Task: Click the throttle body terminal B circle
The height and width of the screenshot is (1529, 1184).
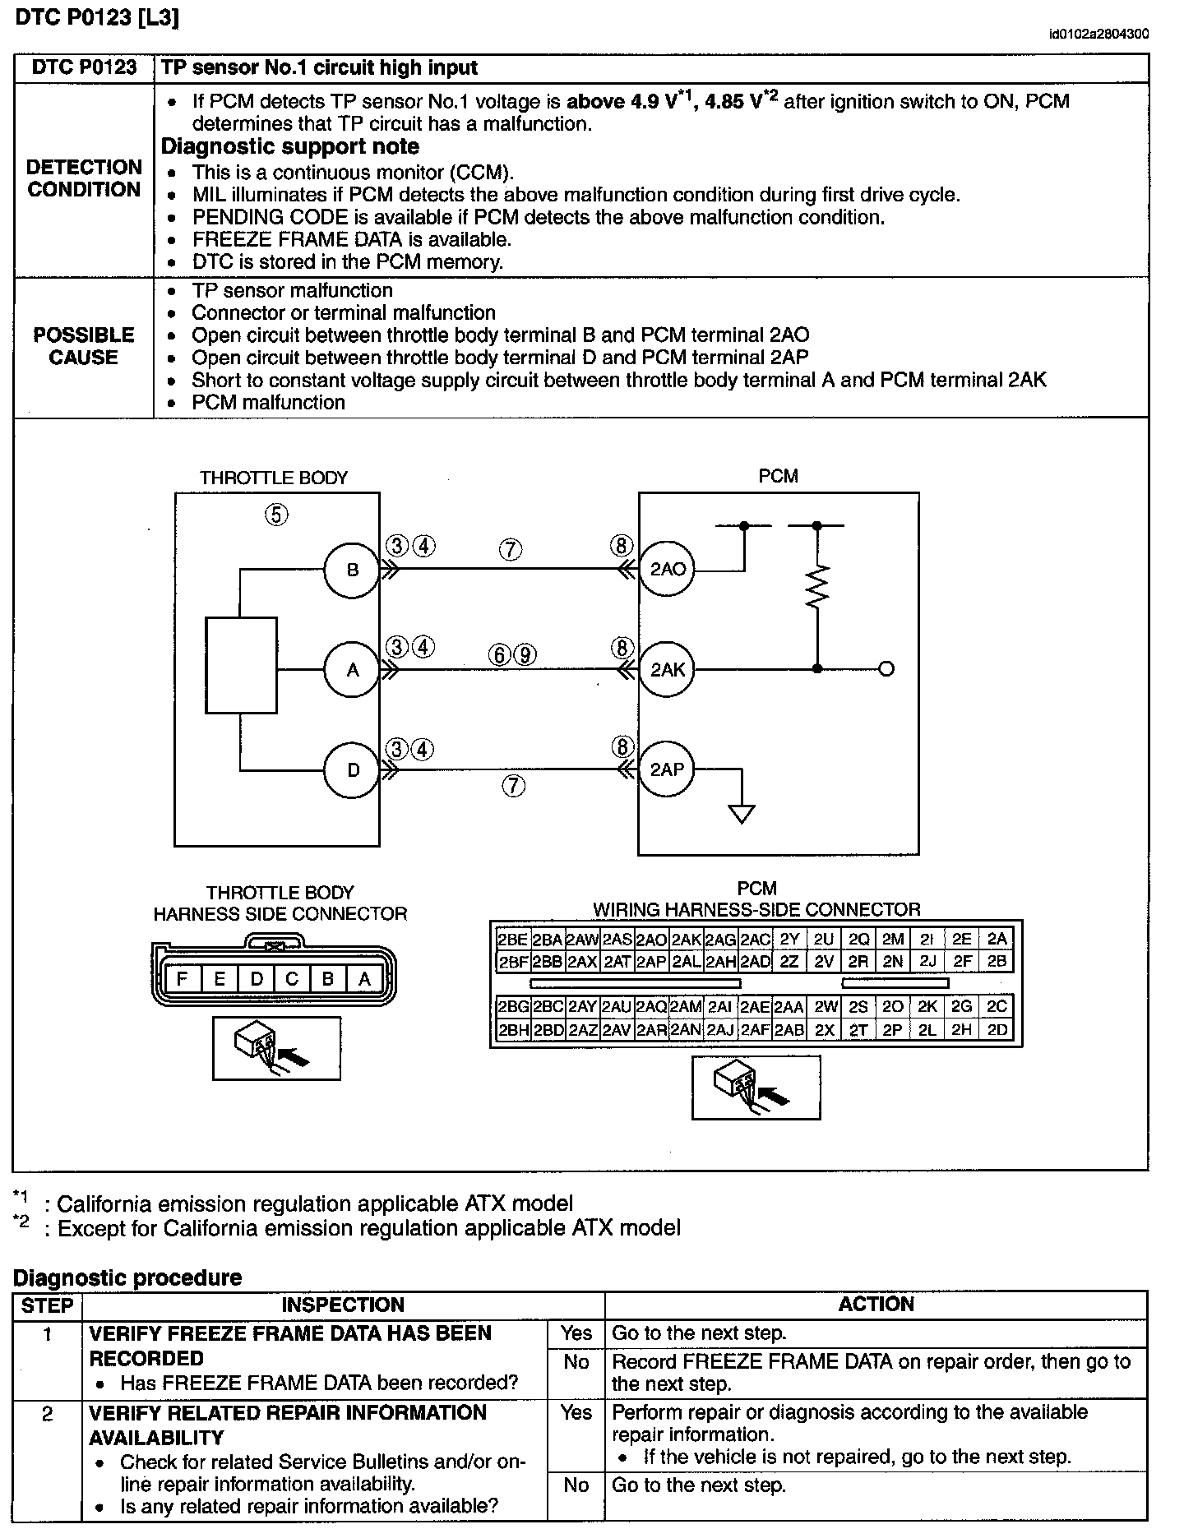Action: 352,570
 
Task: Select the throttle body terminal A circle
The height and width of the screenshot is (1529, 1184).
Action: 352,670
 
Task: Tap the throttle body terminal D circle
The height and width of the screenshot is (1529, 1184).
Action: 352,770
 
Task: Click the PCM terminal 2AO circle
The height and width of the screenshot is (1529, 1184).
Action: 668,569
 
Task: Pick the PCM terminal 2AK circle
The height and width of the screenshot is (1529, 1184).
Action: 668,670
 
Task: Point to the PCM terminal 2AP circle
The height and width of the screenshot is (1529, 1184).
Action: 667,770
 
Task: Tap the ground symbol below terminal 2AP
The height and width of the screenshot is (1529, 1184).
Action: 742,813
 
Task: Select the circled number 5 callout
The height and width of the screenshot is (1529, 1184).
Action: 276,515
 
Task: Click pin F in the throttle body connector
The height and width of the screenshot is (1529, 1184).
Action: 183,979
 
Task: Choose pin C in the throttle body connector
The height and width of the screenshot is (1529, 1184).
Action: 292,979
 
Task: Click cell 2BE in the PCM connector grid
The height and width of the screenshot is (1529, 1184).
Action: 513,940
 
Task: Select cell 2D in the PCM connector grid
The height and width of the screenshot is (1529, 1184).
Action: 997,1030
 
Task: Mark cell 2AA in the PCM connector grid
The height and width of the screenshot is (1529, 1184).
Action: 789,1007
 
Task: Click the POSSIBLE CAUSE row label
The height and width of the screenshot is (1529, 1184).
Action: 83,346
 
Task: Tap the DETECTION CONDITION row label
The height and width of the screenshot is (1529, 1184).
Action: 84,178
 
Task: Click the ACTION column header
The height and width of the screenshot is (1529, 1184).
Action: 876,1305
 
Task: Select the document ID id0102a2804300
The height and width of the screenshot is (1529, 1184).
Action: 1099,34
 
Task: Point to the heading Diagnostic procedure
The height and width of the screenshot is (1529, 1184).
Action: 127,1277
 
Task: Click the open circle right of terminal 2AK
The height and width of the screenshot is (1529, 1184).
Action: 886,669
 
